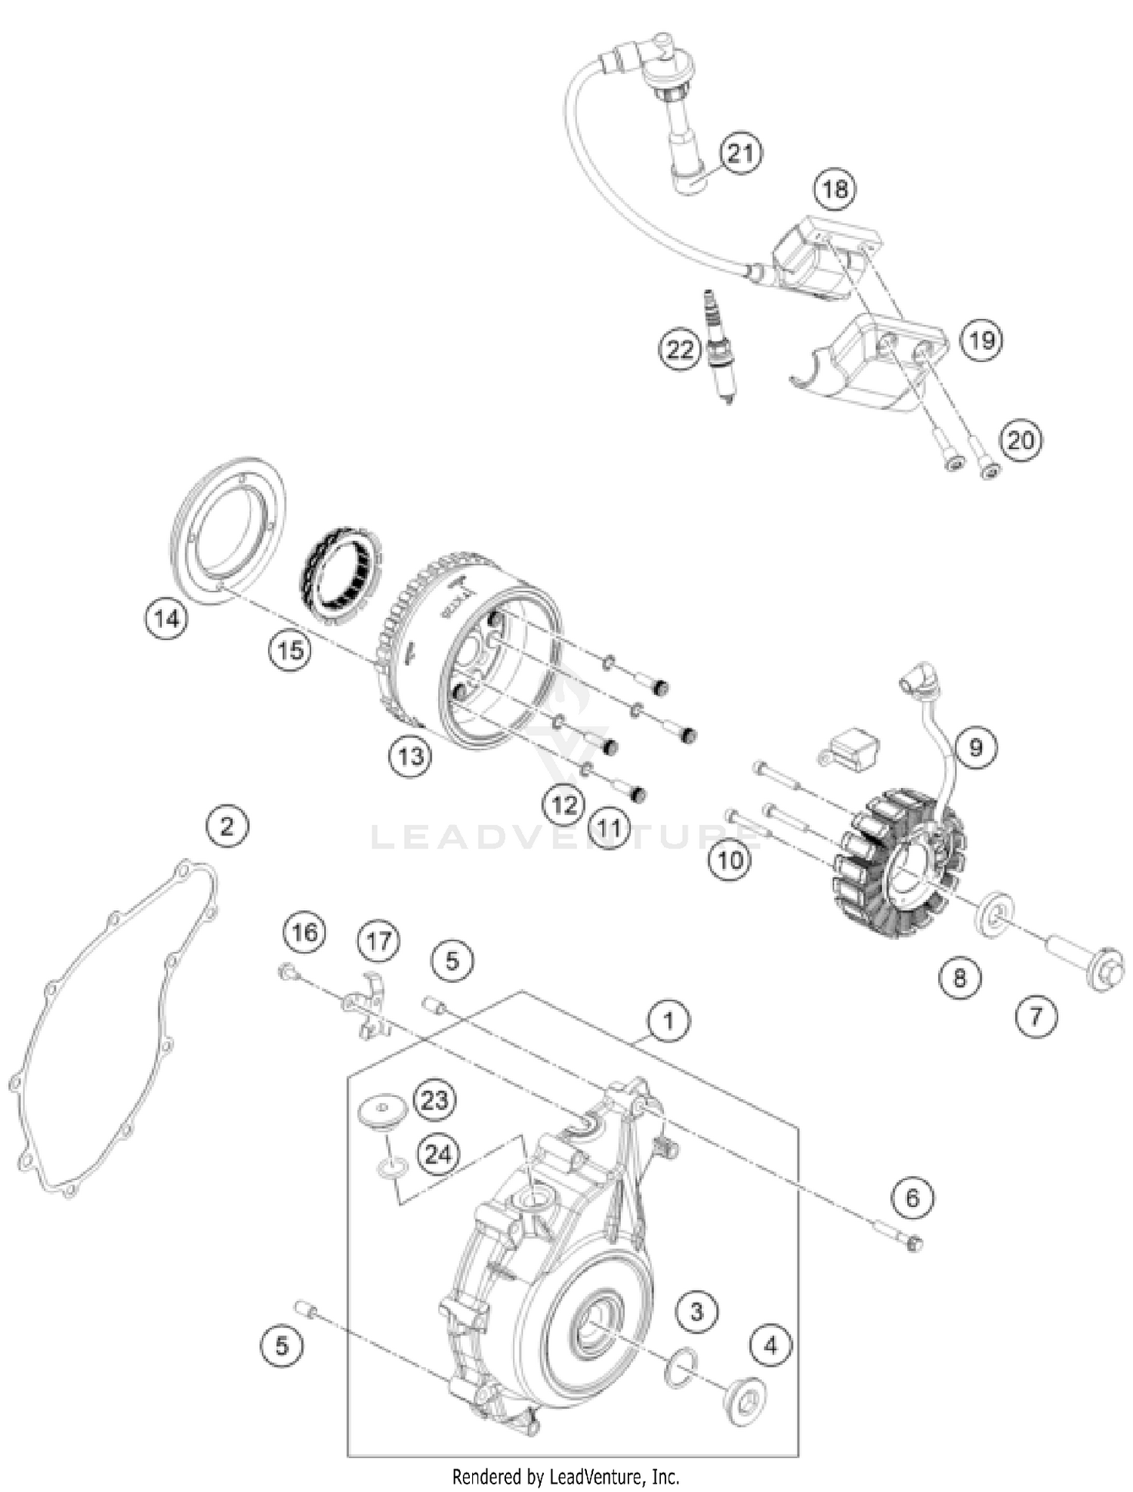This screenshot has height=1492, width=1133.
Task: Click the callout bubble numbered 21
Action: pyautogui.click(x=740, y=153)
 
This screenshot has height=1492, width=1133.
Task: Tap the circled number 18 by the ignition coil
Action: pyautogui.click(x=835, y=188)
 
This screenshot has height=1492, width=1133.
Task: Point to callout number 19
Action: pyautogui.click(x=981, y=340)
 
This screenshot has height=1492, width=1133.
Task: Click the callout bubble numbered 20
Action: pyautogui.click(x=1020, y=440)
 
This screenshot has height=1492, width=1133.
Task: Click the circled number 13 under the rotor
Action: pyautogui.click(x=411, y=755)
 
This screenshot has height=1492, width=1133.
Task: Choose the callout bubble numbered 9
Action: pyautogui.click(x=976, y=747)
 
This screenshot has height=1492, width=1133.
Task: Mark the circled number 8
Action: pyautogui.click(x=960, y=978)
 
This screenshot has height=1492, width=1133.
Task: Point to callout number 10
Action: pyautogui.click(x=730, y=859)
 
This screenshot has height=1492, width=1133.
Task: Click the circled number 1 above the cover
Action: pyautogui.click(x=668, y=1021)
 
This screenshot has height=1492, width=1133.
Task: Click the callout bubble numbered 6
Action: pyautogui.click(x=912, y=1197)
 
